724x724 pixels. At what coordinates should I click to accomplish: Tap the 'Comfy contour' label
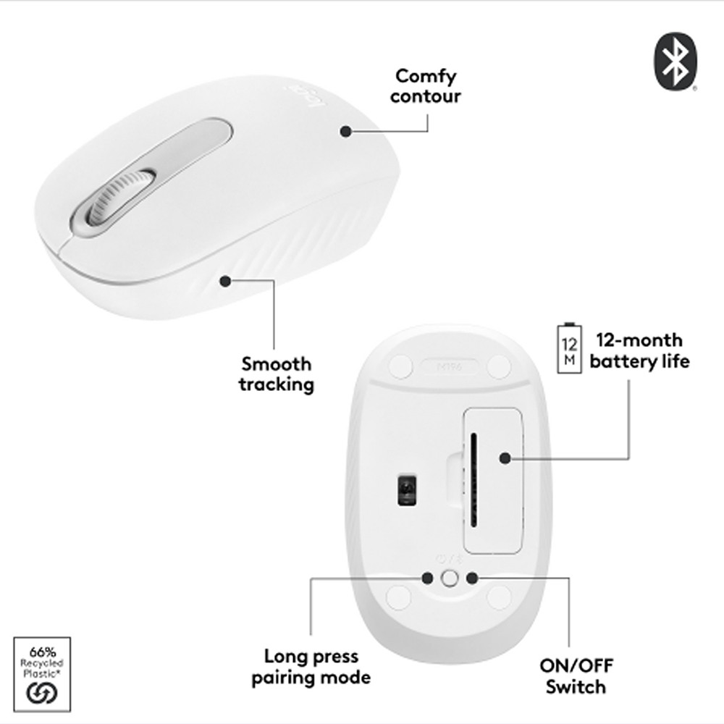(x=425, y=85)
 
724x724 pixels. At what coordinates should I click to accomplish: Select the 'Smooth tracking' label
(x=277, y=374)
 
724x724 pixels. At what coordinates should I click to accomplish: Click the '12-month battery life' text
(x=639, y=350)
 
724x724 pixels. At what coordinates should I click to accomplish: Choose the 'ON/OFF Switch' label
(x=576, y=676)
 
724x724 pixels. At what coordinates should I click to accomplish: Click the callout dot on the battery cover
(x=505, y=458)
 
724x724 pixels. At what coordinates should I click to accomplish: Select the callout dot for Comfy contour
(x=346, y=131)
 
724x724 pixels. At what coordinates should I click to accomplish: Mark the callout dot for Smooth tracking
(x=226, y=279)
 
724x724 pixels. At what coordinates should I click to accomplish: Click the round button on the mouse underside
(x=450, y=577)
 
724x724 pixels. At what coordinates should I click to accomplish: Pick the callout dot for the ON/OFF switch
(x=472, y=577)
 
